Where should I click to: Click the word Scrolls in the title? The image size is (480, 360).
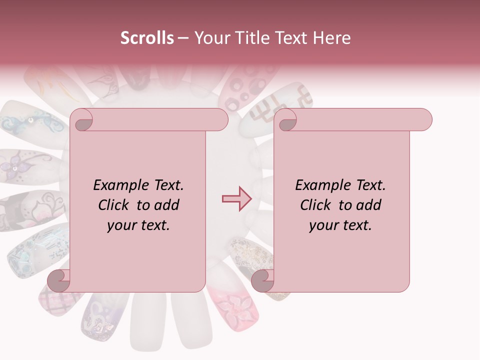[147, 38]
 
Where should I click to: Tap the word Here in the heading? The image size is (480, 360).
[332, 38]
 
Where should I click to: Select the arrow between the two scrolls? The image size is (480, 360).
[237, 198]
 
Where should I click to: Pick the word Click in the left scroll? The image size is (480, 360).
[114, 205]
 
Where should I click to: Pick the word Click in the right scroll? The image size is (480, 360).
[316, 205]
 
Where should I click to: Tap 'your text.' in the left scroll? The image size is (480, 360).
[138, 225]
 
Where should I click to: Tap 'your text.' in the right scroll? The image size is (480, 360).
[340, 225]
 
